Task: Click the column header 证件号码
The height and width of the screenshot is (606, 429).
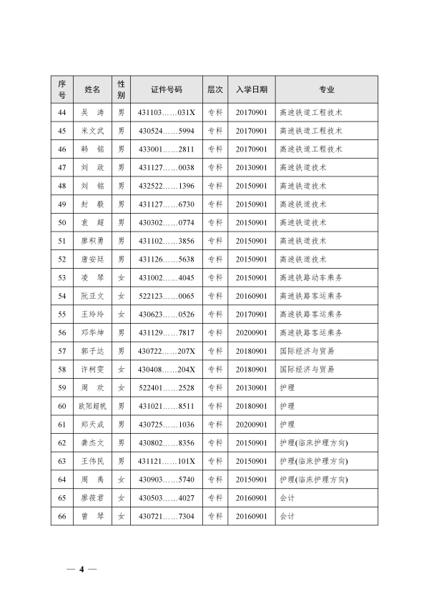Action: [x=167, y=89]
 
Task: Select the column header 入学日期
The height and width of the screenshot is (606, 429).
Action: [x=252, y=89]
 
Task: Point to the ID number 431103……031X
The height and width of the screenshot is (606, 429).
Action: [x=167, y=112]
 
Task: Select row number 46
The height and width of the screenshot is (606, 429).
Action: [x=61, y=149]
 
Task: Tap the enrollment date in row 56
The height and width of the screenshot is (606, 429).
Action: [x=252, y=332]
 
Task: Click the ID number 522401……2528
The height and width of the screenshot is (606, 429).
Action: [x=167, y=387]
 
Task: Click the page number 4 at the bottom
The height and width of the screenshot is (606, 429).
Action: [x=82, y=570]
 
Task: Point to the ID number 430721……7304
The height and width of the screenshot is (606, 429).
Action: [x=167, y=516]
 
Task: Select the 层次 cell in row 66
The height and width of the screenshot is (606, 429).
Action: [x=214, y=516]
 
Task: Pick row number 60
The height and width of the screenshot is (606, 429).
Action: [x=61, y=406]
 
